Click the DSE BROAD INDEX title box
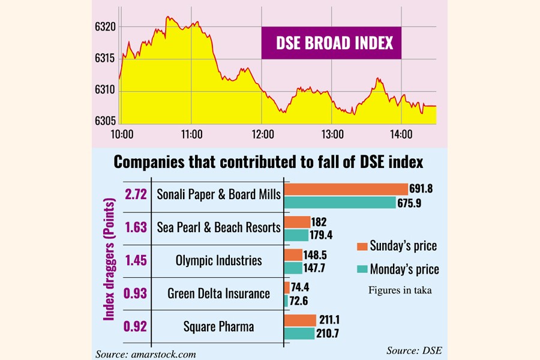click(x=331, y=43)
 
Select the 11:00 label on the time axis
click(x=191, y=134)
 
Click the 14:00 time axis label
click(x=401, y=134)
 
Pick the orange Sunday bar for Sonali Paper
click(x=346, y=189)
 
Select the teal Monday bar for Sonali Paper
click(x=340, y=203)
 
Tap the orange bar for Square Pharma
click(x=300, y=320)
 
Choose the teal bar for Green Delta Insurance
click(x=287, y=299)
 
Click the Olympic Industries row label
click(x=218, y=260)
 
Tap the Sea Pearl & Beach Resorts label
click(x=218, y=227)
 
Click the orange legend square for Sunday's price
click(x=361, y=246)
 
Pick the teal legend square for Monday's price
click(x=361, y=269)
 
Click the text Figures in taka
click(x=400, y=290)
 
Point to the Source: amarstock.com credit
click(x=146, y=354)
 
